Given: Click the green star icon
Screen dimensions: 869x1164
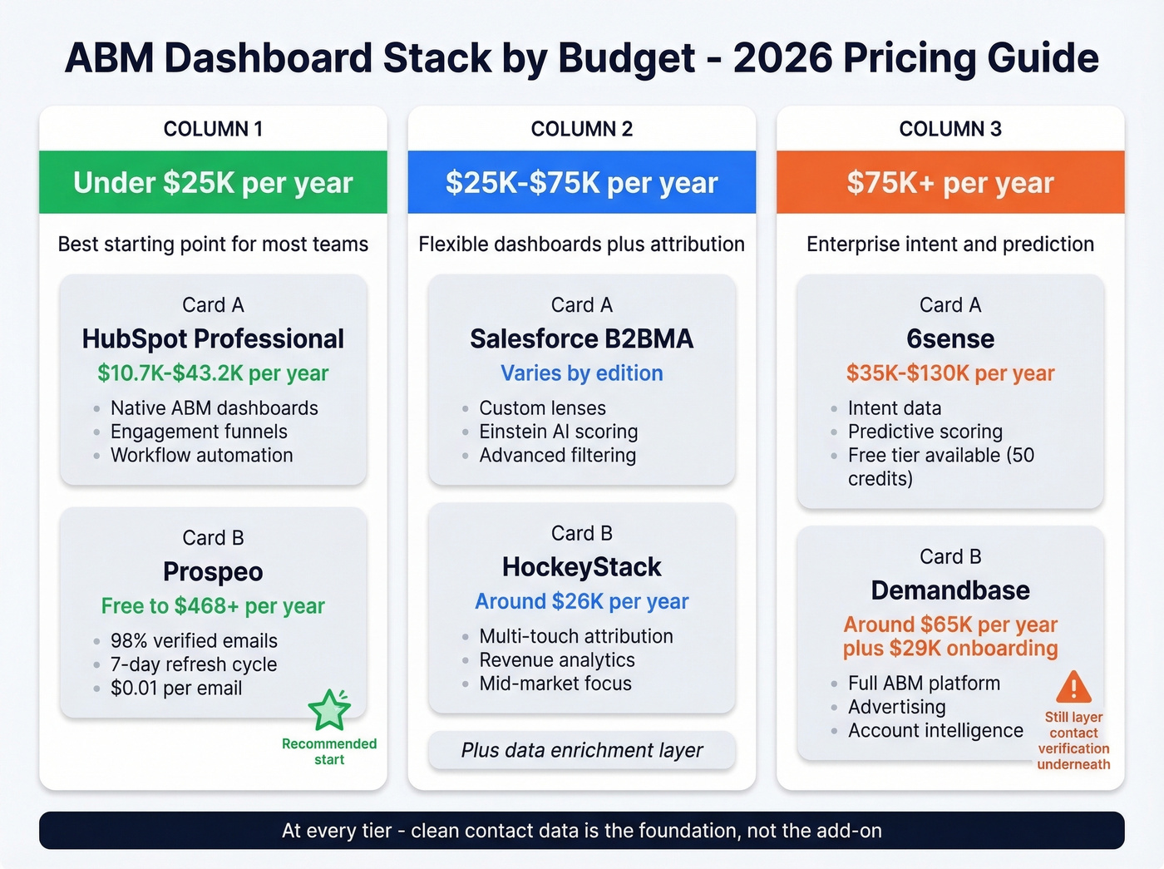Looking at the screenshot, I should point(329,710).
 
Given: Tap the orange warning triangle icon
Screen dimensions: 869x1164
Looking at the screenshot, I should point(1073,687).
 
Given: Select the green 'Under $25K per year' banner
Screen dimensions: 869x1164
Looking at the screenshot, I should point(213,182).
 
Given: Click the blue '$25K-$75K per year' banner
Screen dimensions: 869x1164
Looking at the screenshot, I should point(581,182).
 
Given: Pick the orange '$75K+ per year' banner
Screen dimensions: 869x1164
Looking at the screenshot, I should point(950,182).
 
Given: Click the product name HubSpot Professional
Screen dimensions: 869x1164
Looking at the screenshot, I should point(213,338).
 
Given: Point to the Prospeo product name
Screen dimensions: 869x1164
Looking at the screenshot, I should point(213,571).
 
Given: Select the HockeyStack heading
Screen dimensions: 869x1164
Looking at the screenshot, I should point(581,567).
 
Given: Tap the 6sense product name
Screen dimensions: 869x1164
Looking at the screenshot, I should point(950,338).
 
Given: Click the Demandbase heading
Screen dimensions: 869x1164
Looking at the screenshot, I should point(950,590).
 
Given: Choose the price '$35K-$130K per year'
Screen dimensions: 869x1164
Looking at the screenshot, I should point(950,373).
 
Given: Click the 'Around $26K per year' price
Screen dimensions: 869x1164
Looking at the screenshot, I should point(581,601).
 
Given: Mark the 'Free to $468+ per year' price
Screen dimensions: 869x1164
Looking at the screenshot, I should point(213,606).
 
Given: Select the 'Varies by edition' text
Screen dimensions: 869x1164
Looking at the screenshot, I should point(581,373).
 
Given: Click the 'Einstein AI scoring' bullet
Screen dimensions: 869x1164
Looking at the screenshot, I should point(558,432).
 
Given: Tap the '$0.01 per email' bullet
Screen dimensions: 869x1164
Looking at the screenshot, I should point(176,689).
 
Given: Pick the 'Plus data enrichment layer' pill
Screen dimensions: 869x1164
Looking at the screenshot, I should point(581,750).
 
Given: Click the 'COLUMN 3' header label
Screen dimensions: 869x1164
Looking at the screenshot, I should point(950,129).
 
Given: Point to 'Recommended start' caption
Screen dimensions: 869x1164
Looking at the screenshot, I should point(329,752).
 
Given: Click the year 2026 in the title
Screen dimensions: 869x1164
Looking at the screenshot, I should point(782,58).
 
